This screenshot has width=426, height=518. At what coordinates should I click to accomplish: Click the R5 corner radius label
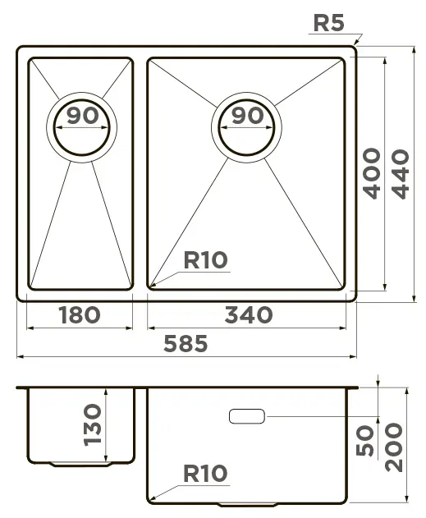coord(328,23)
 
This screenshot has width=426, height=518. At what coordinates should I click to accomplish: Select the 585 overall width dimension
coord(186,343)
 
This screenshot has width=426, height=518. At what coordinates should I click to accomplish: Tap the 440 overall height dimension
coord(401,174)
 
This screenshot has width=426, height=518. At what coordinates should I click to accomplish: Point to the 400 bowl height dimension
coord(371,173)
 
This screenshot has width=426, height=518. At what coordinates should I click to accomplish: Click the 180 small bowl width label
coord(80,314)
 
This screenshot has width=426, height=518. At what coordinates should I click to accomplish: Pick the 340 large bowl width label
coord(249,314)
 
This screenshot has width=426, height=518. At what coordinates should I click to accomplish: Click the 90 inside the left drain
coord(83,115)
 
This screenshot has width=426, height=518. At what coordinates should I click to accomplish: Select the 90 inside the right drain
coord(247,115)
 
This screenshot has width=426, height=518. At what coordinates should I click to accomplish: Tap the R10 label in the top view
coord(205,259)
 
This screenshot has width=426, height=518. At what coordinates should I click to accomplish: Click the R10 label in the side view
coord(205,473)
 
